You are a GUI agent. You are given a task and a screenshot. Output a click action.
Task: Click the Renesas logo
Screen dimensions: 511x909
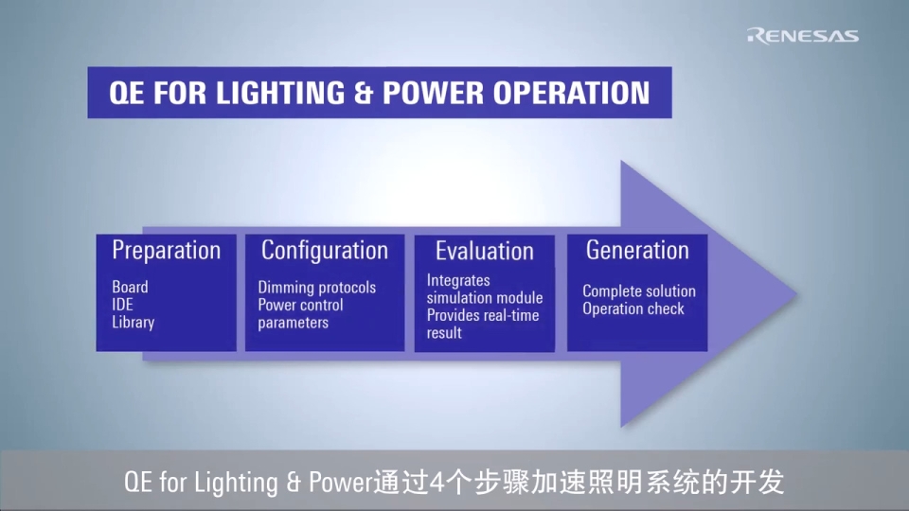802,36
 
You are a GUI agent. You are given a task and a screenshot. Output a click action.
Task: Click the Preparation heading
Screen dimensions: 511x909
166,251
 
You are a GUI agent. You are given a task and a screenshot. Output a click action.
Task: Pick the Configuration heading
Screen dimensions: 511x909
325,251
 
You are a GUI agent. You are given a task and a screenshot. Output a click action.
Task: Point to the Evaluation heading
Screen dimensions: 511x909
484,252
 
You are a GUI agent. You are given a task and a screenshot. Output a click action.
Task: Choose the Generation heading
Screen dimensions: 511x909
637,251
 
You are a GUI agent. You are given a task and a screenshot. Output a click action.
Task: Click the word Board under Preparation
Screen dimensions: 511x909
130,287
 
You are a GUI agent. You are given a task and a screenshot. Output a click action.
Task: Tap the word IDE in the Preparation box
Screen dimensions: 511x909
123,305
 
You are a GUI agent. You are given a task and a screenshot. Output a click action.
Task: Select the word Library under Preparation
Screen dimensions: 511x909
133,323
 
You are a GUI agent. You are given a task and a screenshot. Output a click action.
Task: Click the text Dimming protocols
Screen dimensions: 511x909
316,288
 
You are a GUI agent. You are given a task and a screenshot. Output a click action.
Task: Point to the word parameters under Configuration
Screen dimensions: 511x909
294,323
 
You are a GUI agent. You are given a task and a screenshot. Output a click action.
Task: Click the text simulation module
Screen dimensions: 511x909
485,298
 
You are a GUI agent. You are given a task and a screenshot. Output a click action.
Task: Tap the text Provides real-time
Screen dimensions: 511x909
482,315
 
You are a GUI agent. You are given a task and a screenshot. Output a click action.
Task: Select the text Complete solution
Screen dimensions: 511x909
639,291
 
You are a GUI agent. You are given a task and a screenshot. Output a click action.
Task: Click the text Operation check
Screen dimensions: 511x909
633,309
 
